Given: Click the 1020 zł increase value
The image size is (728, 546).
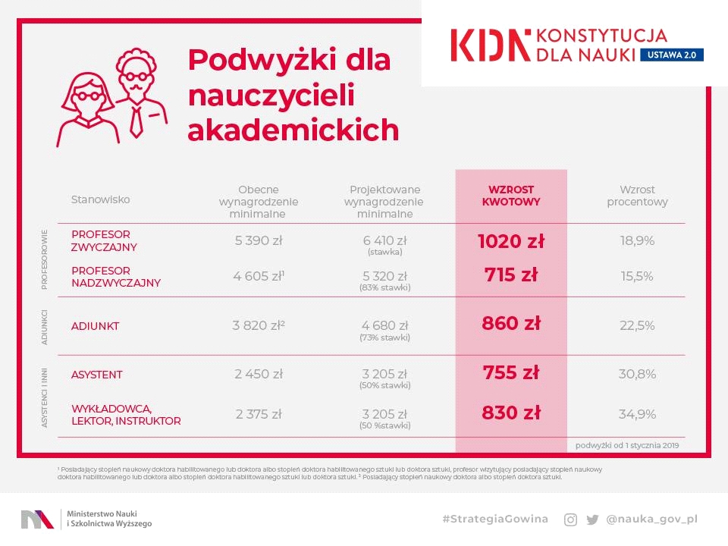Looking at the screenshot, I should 511,241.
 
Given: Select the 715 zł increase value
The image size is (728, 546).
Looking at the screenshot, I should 511,275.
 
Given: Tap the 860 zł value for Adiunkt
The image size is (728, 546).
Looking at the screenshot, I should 511,324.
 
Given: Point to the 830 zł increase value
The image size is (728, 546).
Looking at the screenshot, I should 511,413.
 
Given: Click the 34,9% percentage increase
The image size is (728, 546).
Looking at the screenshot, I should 637,415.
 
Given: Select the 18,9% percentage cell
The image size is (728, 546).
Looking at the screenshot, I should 637,241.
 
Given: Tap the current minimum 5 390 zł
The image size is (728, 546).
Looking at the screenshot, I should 259,241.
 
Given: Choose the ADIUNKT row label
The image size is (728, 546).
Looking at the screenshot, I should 96,326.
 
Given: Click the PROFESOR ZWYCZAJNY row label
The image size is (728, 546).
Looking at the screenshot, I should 105,241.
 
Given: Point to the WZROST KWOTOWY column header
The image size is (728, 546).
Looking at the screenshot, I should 511,196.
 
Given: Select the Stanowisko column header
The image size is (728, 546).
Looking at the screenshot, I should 101,199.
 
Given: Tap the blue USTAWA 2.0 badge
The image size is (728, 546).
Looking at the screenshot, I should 672,55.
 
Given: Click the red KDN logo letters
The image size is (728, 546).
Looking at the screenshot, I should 491,45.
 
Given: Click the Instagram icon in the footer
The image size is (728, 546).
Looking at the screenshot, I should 570,519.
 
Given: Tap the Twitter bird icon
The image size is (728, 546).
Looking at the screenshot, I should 592,519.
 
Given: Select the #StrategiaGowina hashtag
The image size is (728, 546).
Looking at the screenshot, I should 495,519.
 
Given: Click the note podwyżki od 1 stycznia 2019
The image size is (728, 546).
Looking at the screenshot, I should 627,446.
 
